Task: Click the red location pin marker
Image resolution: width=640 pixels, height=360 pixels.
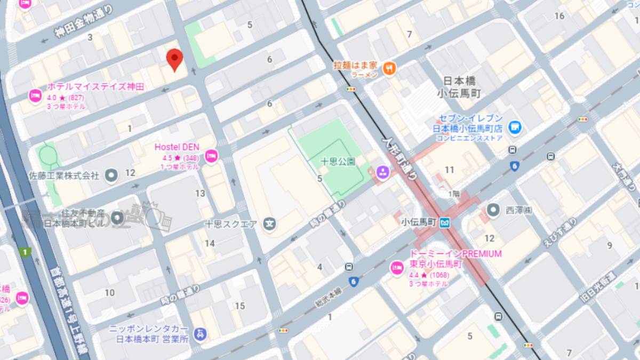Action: click(x=174, y=59)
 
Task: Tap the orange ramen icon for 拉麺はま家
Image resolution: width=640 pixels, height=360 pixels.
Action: click(x=389, y=68)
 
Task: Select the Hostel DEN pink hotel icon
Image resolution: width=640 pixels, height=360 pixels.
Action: click(x=211, y=156)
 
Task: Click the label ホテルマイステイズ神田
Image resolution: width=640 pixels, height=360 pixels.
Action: click(x=96, y=86)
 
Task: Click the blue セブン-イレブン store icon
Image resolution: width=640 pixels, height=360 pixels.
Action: click(x=515, y=127)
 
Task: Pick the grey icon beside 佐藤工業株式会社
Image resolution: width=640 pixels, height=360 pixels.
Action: click(x=111, y=174)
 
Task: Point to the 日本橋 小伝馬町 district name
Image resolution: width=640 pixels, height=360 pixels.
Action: click(x=462, y=87)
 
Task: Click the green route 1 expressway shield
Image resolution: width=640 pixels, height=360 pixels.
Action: click(x=23, y=251)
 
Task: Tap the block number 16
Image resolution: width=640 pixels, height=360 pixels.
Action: click(x=559, y=16)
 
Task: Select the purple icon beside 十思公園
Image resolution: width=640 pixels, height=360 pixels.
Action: click(x=382, y=172)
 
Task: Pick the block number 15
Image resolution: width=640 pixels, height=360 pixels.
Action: click(x=240, y=306)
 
